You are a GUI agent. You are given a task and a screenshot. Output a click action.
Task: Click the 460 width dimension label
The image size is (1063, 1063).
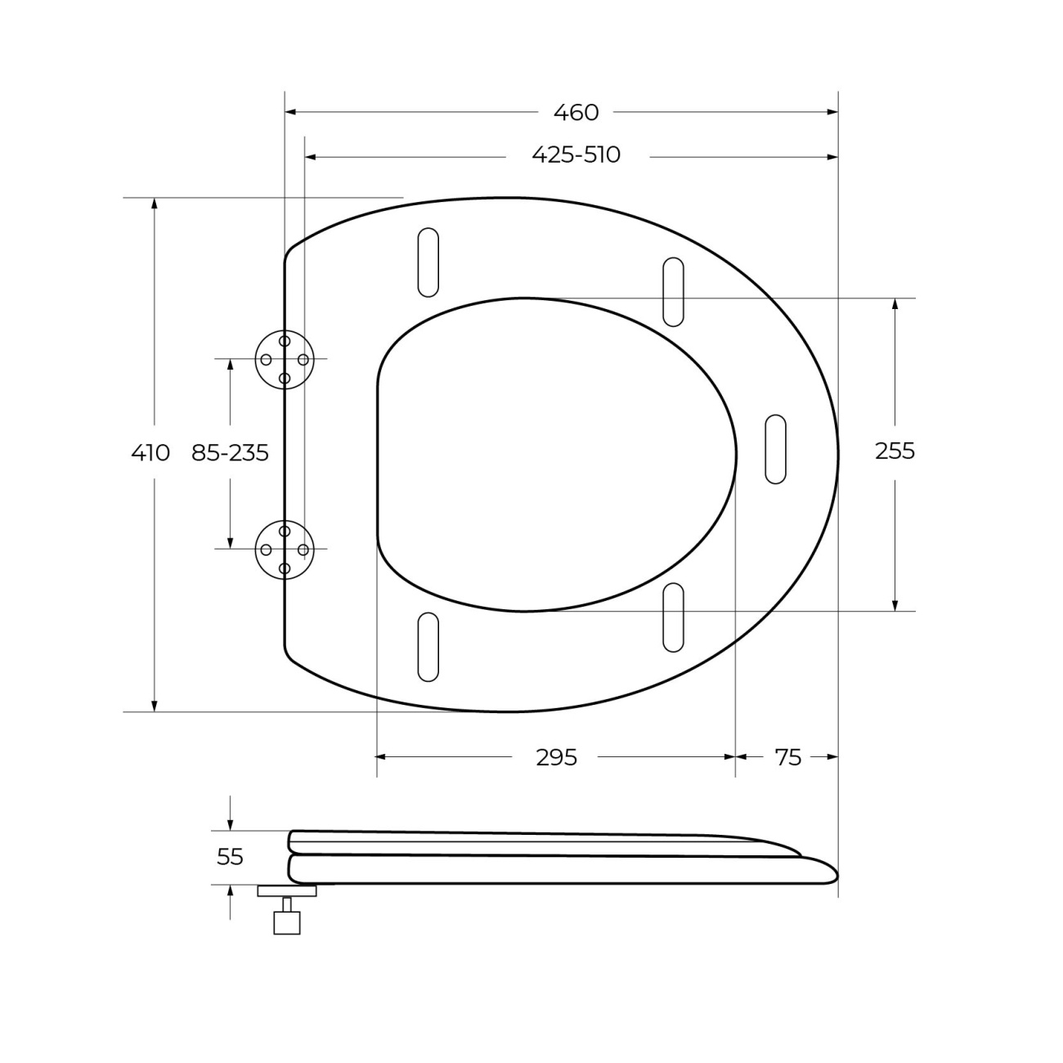pyautogui.click(x=576, y=113)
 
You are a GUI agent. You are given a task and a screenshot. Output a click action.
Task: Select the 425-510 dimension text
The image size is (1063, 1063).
pyautogui.click(x=576, y=155)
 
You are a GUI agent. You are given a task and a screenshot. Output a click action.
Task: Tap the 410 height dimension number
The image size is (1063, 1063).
pyautogui.click(x=150, y=453)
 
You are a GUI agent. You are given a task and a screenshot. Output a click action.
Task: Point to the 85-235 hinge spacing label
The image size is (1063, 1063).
pyautogui.click(x=230, y=453)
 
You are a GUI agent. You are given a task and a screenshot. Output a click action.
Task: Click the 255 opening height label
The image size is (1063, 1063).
pyautogui.click(x=895, y=451)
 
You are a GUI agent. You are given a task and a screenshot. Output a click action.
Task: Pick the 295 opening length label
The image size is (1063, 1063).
pyautogui.click(x=556, y=758)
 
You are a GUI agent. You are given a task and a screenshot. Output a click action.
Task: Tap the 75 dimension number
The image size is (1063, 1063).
pyautogui.click(x=787, y=758)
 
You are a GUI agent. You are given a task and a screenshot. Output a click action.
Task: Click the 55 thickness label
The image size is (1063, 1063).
pyautogui.click(x=230, y=857)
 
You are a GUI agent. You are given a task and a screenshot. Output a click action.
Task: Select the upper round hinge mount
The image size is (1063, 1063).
pyautogui.click(x=285, y=360)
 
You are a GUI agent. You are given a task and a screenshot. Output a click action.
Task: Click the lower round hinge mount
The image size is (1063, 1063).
pyautogui.click(x=285, y=549)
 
